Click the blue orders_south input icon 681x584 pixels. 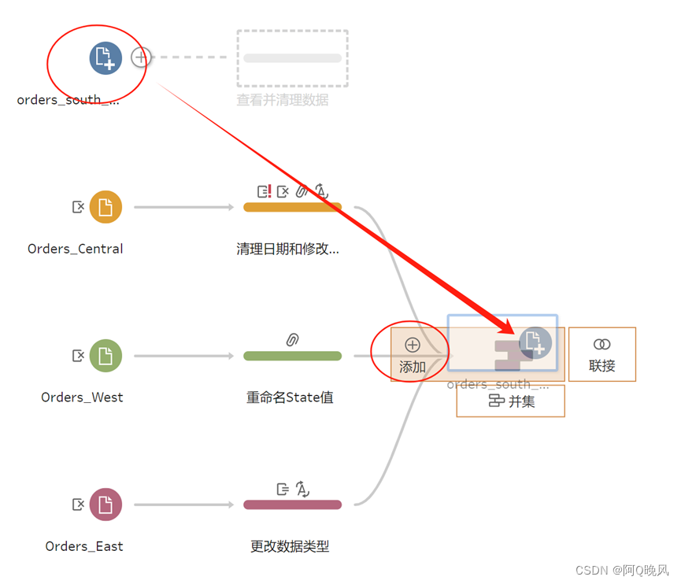coord(105,58)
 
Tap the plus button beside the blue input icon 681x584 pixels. coord(141,57)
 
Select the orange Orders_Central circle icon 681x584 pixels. coord(105,207)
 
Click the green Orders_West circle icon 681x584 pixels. coord(105,356)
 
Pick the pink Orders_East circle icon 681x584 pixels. coord(105,505)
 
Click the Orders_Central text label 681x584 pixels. coord(76,249)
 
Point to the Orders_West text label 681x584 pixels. coord(82,397)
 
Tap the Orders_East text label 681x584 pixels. coord(84,546)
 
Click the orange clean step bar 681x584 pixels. coord(292,207)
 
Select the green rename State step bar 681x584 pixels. coord(292,356)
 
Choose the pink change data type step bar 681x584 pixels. coord(292,505)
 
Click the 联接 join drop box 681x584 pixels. coord(601,354)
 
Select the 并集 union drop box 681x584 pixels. coord(510,401)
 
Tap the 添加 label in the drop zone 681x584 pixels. coord(413,367)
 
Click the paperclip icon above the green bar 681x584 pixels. coord(292,340)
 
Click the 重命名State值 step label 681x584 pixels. coord(290,397)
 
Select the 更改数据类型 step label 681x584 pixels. coord(290,546)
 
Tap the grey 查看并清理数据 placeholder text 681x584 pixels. coord(283,100)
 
